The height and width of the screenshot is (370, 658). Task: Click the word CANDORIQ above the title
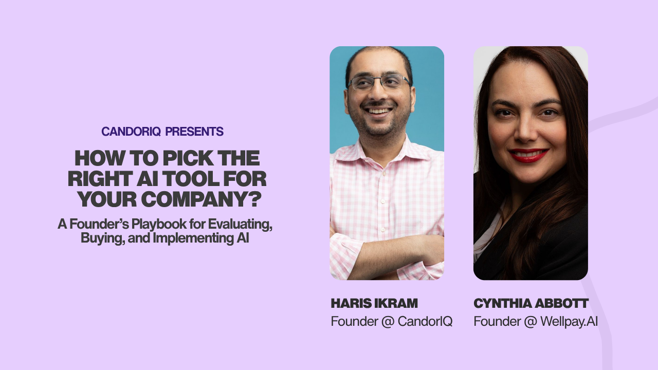tap(131, 132)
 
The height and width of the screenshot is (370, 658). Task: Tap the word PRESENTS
tap(194, 132)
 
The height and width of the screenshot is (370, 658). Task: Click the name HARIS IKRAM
tap(374, 303)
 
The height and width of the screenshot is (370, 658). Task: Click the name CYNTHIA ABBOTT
tap(531, 303)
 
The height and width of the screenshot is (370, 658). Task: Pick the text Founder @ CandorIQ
tap(391, 322)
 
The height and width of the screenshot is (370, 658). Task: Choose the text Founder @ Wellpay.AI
tap(535, 322)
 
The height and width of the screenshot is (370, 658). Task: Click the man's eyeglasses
tap(379, 82)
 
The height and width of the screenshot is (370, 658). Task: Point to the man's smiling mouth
tap(379, 110)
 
